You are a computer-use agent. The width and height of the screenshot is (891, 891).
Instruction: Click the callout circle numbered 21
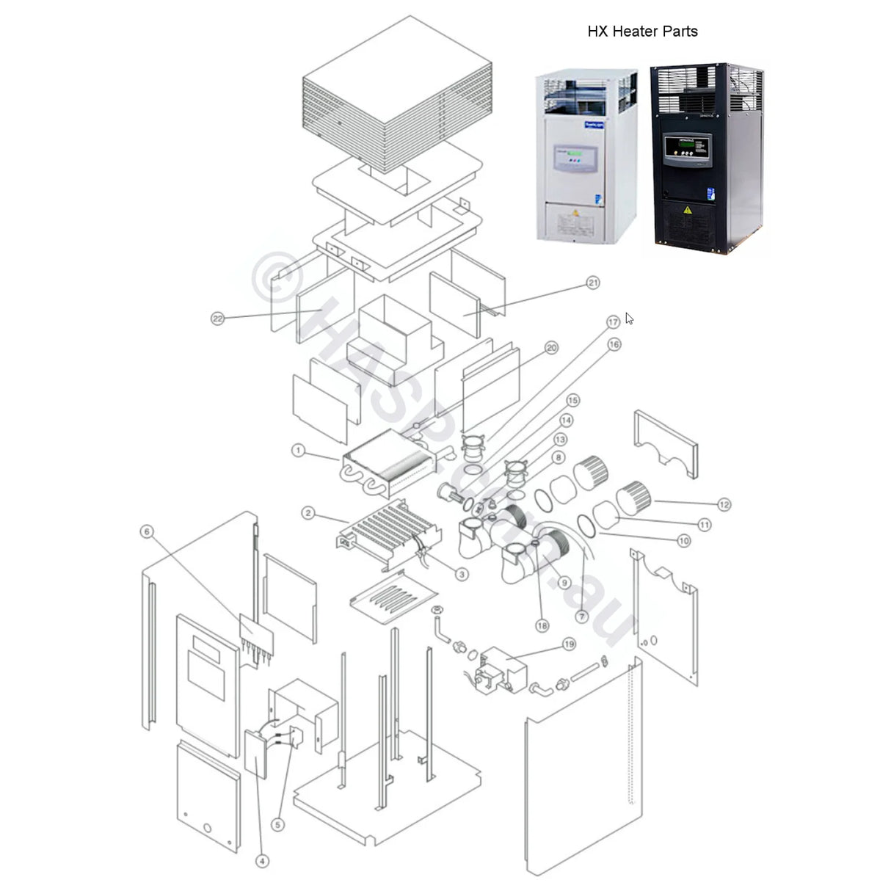[593, 283]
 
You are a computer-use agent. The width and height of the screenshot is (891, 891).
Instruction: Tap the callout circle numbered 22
[217, 319]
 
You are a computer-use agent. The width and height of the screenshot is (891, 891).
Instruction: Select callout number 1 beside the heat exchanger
[298, 450]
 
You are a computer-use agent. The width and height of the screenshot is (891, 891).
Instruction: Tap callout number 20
[552, 348]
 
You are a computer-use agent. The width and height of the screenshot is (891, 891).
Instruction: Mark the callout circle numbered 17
[613, 322]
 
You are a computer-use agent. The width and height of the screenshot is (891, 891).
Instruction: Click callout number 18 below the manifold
[542, 626]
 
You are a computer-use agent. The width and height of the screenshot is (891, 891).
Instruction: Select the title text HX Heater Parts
[642, 32]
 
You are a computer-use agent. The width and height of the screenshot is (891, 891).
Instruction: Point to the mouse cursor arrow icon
[629, 318]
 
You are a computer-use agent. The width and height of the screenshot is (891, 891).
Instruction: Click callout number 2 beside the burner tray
[308, 513]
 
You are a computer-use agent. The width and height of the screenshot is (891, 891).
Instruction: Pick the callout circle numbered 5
[277, 824]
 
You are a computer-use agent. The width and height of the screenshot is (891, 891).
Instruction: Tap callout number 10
[683, 541]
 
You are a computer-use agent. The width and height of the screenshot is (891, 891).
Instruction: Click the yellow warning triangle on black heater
[688, 210]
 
